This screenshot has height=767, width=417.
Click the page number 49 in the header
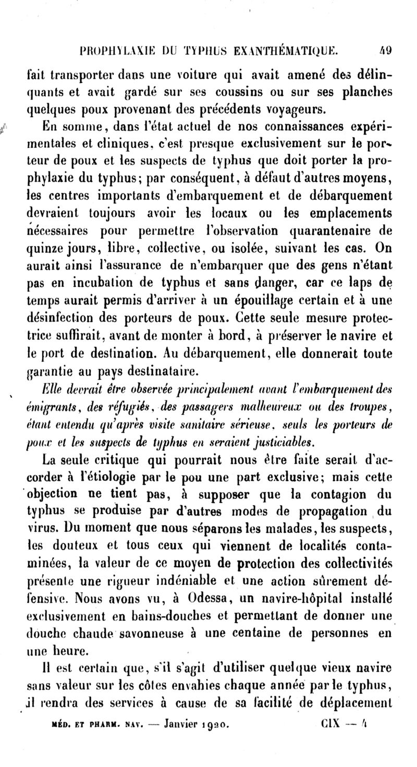(x=386, y=51)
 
